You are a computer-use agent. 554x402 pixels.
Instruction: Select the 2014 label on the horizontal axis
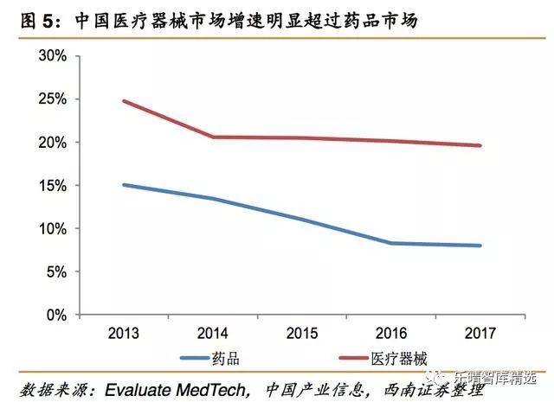click(213, 333)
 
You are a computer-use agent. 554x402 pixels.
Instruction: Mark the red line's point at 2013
click(124, 101)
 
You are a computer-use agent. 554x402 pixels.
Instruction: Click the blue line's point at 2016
click(391, 243)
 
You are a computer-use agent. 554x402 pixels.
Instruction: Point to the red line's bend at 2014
click(213, 137)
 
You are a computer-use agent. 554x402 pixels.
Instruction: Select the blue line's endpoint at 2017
click(480, 246)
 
